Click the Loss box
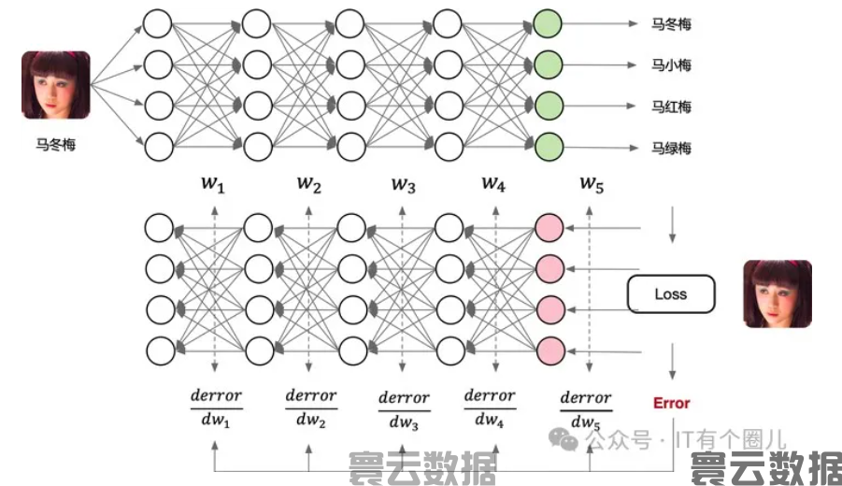pyautogui.click(x=670, y=294)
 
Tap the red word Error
pyautogui.click(x=671, y=403)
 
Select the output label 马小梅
pyautogui.click(x=672, y=65)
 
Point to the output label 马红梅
pyautogui.click(x=672, y=107)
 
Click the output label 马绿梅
pyautogui.click(x=672, y=148)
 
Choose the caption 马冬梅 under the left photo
pyautogui.click(x=56, y=145)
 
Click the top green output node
pyautogui.click(x=548, y=23)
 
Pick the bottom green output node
pyautogui.click(x=548, y=146)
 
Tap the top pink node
pyautogui.click(x=549, y=227)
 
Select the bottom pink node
pyautogui.click(x=549, y=350)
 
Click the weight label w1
pyautogui.click(x=214, y=184)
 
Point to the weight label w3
pyautogui.click(x=403, y=184)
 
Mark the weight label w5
pyautogui.click(x=591, y=184)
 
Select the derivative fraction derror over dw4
pyautogui.click(x=490, y=408)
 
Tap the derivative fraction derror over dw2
pyautogui.click(x=310, y=408)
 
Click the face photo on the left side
pyautogui.click(x=56, y=85)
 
